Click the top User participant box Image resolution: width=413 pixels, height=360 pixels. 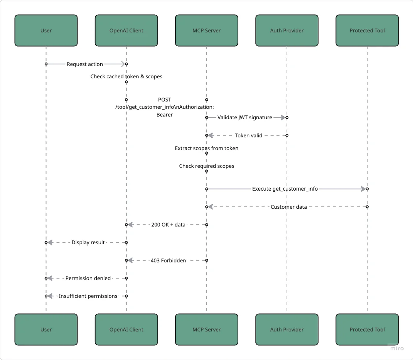click(x=46, y=30)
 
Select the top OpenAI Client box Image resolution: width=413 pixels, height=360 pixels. click(x=126, y=30)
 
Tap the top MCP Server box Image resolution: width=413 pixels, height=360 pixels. click(x=206, y=30)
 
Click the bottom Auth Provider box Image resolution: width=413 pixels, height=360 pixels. click(x=287, y=330)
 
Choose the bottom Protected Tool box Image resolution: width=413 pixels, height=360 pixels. click(x=367, y=330)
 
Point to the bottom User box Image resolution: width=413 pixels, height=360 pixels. click(x=46, y=330)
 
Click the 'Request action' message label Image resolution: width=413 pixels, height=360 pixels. click(x=85, y=64)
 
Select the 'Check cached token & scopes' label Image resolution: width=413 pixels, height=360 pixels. click(x=126, y=76)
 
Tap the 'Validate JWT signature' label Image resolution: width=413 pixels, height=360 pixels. click(x=244, y=117)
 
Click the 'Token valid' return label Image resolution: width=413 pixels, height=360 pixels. click(x=248, y=135)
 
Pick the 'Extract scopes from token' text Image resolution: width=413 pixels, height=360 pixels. click(x=206, y=148)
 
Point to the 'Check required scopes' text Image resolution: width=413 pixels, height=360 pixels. click(x=206, y=166)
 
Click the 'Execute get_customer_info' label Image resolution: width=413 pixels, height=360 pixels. click(x=285, y=189)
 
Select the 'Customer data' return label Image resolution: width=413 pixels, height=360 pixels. click(x=288, y=207)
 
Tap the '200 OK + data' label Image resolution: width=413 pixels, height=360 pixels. click(x=168, y=225)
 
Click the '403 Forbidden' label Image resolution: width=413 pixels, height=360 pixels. click(x=168, y=260)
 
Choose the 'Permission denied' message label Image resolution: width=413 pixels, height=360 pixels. click(x=88, y=278)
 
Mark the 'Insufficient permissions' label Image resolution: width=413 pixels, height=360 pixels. click(x=88, y=296)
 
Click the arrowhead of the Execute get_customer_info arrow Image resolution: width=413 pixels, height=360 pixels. click(x=363, y=189)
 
